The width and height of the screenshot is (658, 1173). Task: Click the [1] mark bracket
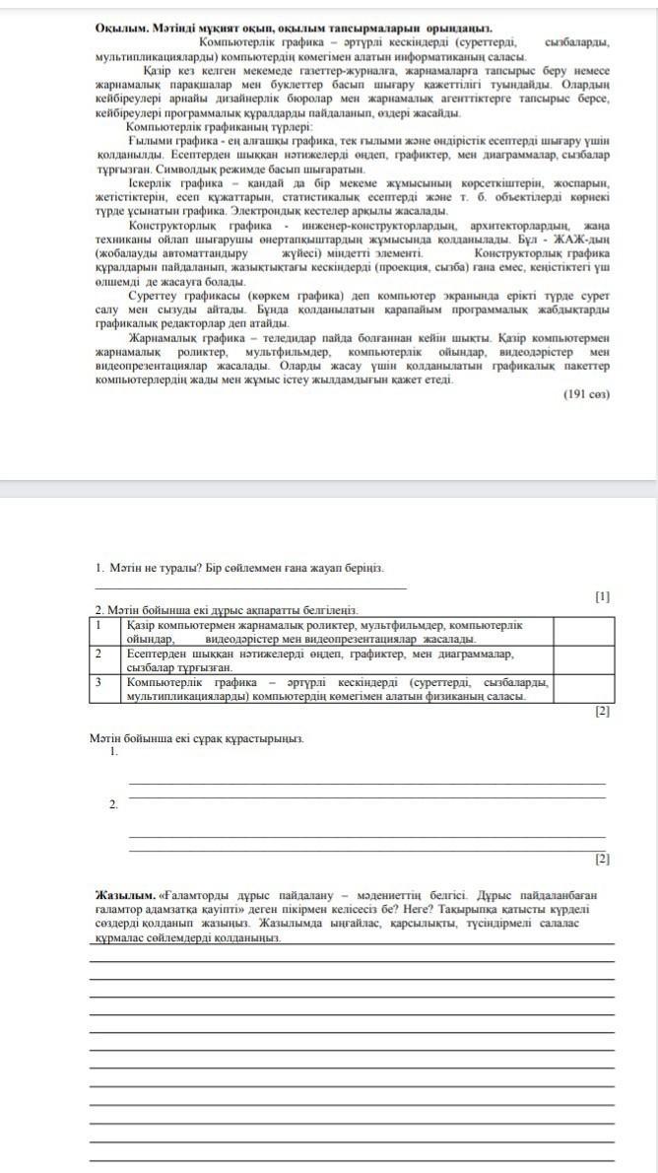603,596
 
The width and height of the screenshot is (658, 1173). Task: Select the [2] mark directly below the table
603,711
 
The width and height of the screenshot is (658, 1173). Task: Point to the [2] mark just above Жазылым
603,859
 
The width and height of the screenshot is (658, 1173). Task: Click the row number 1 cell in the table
99,625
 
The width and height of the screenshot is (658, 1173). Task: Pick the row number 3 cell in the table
99,681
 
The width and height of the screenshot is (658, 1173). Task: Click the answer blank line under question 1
250,588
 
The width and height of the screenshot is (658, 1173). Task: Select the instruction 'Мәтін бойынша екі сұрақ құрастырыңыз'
196,738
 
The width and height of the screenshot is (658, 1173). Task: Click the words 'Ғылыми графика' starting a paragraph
173,142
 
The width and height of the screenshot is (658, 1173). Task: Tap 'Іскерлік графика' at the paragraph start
175,183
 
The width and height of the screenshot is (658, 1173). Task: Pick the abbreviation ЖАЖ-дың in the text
581,240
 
